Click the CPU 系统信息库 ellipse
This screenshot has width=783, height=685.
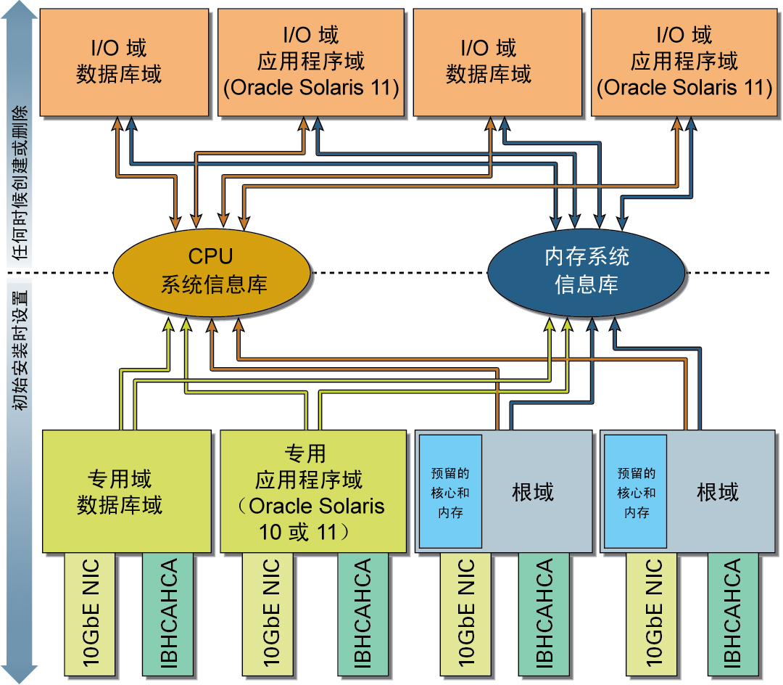[x=212, y=271]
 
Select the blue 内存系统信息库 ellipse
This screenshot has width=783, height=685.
[x=586, y=271]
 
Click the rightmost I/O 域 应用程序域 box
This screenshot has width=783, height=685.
[x=684, y=62]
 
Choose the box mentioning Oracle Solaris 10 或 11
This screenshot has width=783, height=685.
[x=312, y=491]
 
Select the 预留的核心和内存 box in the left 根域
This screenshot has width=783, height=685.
[x=451, y=492]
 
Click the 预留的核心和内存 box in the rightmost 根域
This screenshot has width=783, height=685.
[x=635, y=492]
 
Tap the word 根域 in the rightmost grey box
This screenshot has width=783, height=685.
[x=718, y=492]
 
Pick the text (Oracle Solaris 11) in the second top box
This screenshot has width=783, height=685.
[x=311, y=88]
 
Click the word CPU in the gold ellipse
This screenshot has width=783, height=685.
[x=211, y=256]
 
